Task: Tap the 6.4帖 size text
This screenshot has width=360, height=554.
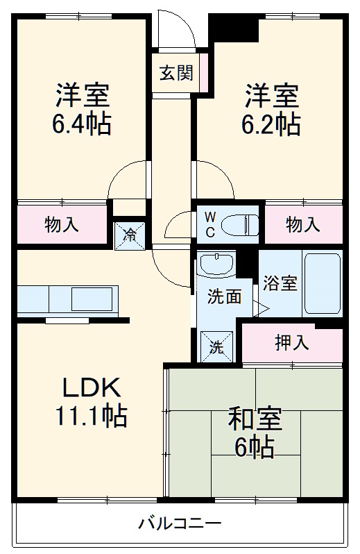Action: tap(82, 125)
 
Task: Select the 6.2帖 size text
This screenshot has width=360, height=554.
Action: tap(271, 125)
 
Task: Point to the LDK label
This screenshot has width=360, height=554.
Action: tap(93, 387)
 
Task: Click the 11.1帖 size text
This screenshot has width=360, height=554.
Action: tap(92, 416)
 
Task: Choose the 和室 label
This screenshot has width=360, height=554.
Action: tap(255, 420)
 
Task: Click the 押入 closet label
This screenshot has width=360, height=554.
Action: tap(292, 342)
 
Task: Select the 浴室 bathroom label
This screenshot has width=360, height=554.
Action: tap(280, 284)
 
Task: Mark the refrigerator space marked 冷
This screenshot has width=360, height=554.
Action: tap(129, 234)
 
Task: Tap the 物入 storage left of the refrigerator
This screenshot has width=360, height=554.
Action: tap(62, 224)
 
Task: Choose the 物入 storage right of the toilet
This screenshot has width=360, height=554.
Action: tap(303, 224)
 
